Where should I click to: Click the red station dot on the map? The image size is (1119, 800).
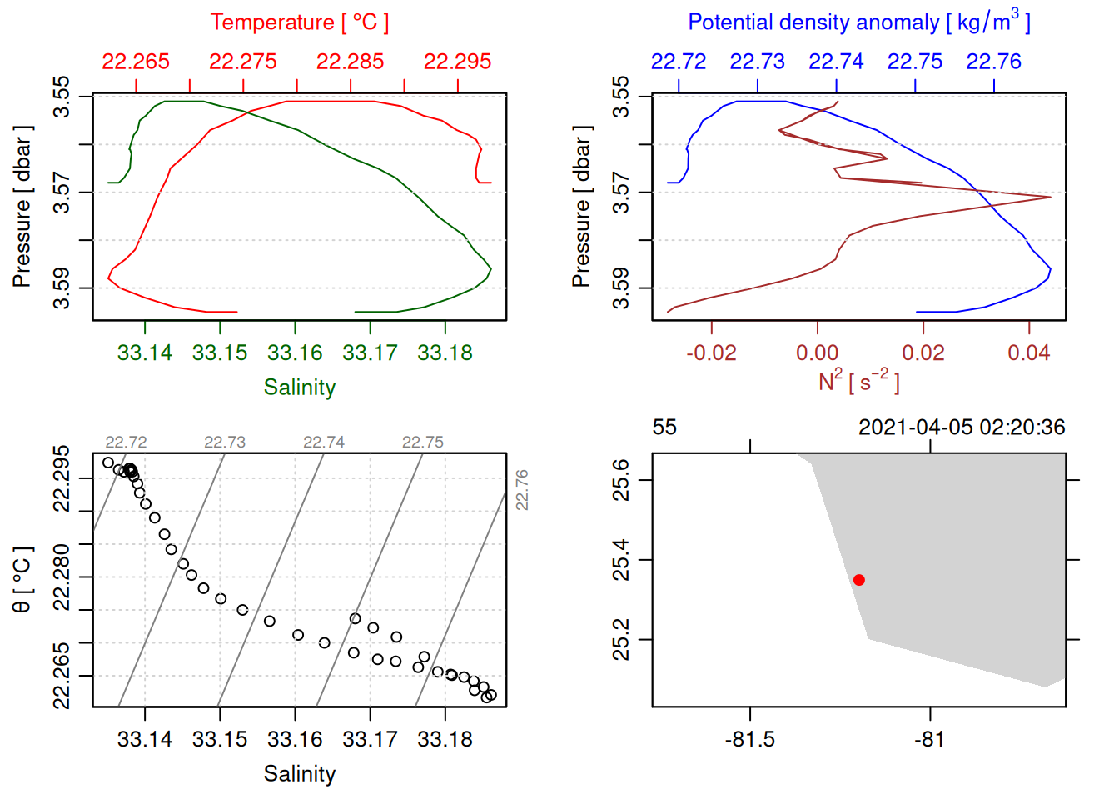pyautogui.click(x=858, y=580)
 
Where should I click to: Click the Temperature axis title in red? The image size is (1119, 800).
pyautogui.click(x=300, y=22)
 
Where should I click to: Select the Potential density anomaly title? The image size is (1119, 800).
pyautogui.click(x=858, y=22)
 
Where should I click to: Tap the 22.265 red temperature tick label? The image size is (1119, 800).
pyautogui.click(x=136, y=62)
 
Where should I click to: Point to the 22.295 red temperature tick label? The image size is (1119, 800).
pyautogui.click(x=457, y=62)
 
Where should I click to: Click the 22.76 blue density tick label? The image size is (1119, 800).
pyautogui.click(x=993, y=62)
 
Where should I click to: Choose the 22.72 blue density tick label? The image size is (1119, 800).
pyautogui.click(x=679, y=62)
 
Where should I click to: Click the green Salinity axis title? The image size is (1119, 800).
pyautogui.click(x=300, y=387)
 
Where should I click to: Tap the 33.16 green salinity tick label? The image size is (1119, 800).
pyautogui.click(x=295, y=353)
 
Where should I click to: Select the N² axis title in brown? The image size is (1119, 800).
pyautogui.click(x=858, y=382)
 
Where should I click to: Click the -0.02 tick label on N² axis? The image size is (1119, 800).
pyautogui.click(x=711, y=353)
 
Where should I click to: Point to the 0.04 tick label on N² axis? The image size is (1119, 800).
pyautogui.click(x=1029, y=353)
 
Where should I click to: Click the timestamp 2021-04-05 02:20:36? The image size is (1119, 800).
pyautogui.click(x=962, y=427)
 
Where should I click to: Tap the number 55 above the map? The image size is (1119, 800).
pyautogui.click(x=664, y=427)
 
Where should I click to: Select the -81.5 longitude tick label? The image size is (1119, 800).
pyautogui.click(x=750, y=740)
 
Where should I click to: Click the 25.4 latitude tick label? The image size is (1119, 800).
pyautogui.click(x=622, y=560)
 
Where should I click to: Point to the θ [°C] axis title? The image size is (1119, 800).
pyautogui.click(x=22, y=580)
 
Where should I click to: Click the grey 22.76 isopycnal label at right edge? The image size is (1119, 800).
pyautogui.click(x=522, y=490)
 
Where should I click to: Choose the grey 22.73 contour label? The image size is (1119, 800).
pyautogui.click(x=225, y=442)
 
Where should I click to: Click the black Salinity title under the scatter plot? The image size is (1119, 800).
pyautogui.click(x=300, y=774)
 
